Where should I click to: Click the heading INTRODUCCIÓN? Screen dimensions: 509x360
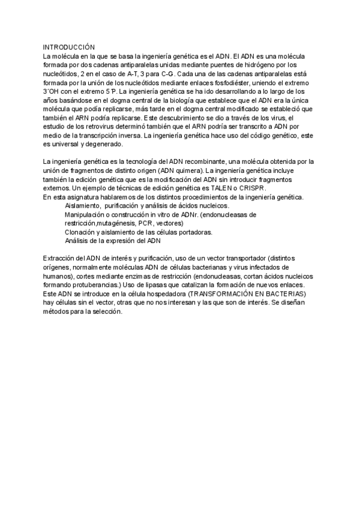(69, 46)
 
